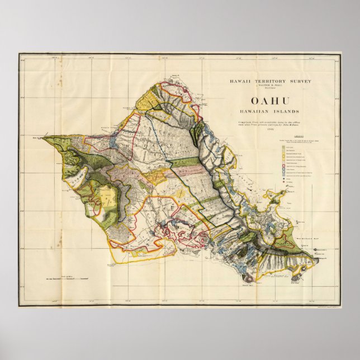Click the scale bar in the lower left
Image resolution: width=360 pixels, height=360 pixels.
pyautogui.click(x=69, y=277)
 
